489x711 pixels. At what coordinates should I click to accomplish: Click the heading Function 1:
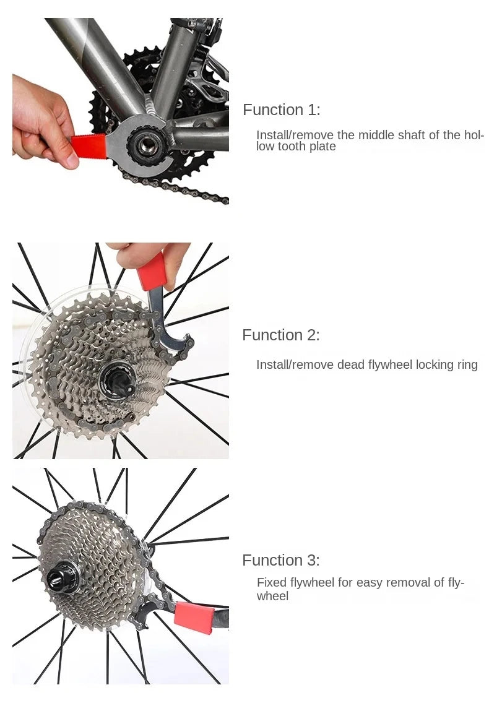point(281,110)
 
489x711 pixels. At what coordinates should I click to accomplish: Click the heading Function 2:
point(280,335)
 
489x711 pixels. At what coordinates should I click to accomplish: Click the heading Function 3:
point(280,561)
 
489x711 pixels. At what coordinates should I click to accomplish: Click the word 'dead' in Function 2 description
point(351,365)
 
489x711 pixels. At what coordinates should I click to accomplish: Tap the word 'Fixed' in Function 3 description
point(271,582)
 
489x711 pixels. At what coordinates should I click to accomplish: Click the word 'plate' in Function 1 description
point(322,147)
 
